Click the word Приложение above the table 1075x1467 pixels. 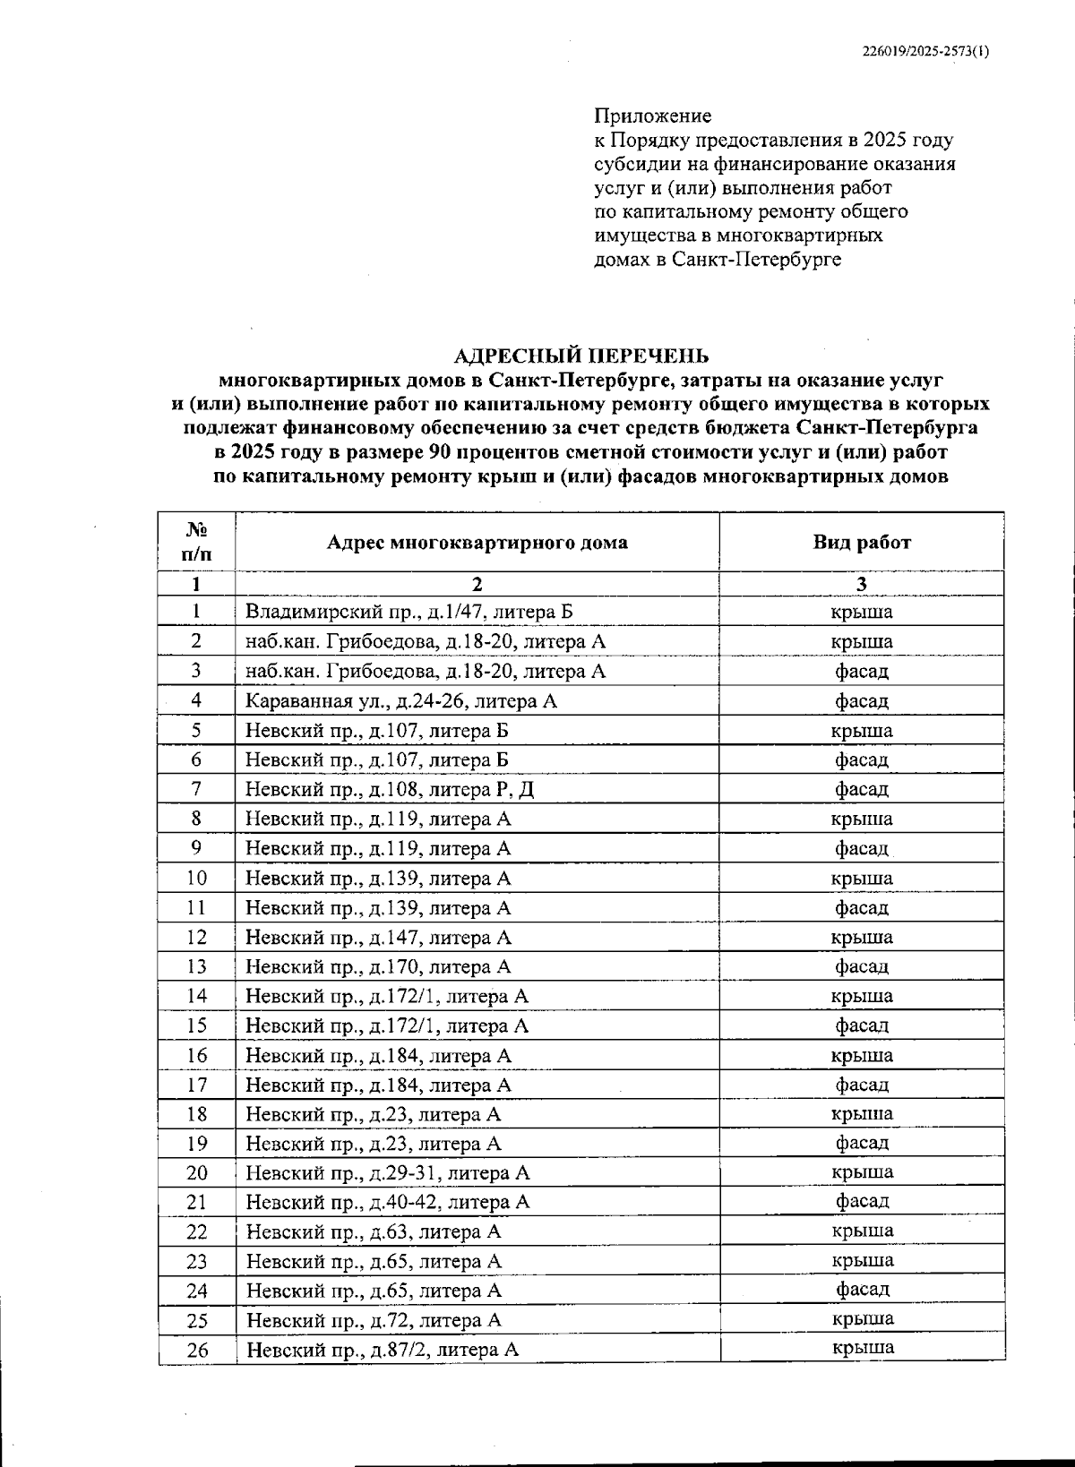(652, 116)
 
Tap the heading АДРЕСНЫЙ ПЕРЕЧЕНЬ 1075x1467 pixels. (580, 356)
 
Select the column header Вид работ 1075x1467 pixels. (861, 542)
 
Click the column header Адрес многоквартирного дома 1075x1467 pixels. (477, 542)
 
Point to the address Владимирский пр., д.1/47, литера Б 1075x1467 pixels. (408, 612)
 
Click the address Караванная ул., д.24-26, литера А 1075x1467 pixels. (400, 700)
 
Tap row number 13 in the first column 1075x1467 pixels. (196, 966)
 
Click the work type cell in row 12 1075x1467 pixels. (861, 937)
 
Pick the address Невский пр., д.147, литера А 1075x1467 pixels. (378, 937)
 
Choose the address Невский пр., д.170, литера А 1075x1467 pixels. (378, 966)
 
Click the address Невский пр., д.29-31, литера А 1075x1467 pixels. (388, 1172)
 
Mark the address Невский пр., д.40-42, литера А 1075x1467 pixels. (388, 1202)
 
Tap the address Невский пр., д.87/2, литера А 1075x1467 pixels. (383, 1350)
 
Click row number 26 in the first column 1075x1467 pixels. (196, 1350)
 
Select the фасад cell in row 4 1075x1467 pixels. (861, 700)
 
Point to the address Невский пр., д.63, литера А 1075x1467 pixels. (373, 1231)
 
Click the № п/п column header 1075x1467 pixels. (196, 541)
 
